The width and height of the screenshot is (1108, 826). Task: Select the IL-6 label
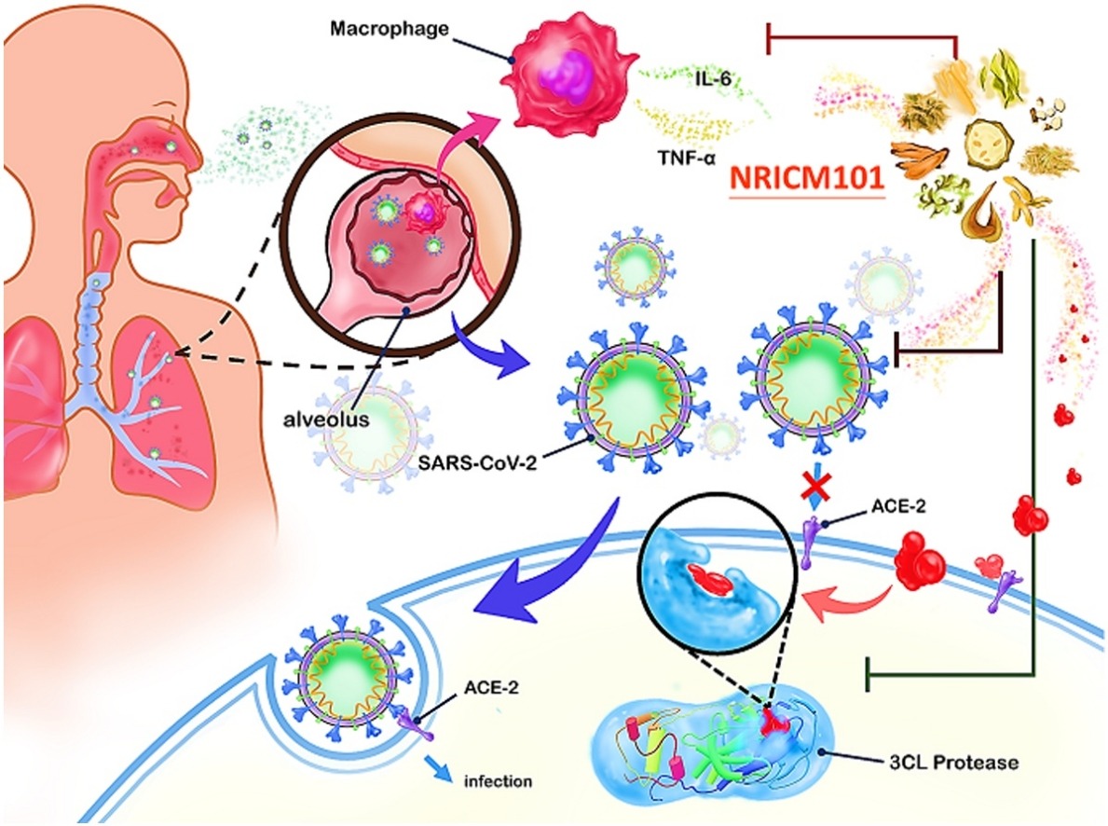(x=710, y=81)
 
